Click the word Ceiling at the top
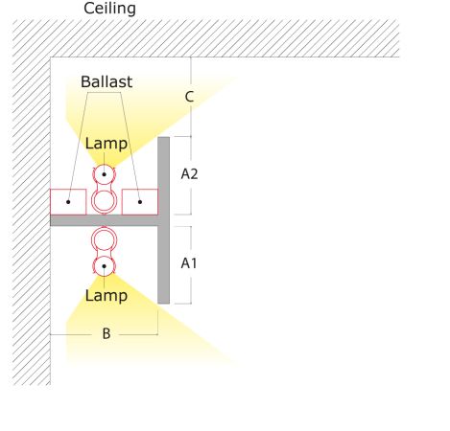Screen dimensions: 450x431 click(x=109, y=9)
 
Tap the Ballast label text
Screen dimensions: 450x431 click(x=107, y=81)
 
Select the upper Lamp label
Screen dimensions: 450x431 click(x=107, y=144)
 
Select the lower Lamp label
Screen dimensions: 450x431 click(x=107, y=296)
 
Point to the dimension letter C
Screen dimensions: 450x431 click(x=189, y=97)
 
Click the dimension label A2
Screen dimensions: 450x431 click(x=189, y=174)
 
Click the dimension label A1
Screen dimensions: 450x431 click(x=189, y=263)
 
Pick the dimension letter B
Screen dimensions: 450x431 click(x=107, y=333)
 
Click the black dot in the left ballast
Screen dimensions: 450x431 click(x=68, y=202)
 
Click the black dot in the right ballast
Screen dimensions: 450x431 click(x=140, y=202)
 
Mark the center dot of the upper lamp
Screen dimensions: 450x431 click(x=104, y=174)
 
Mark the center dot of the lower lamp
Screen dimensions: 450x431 click(x=104, y=266)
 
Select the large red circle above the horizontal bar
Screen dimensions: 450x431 click(x=104, y=190)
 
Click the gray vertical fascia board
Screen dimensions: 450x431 click(x=164, y=220)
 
